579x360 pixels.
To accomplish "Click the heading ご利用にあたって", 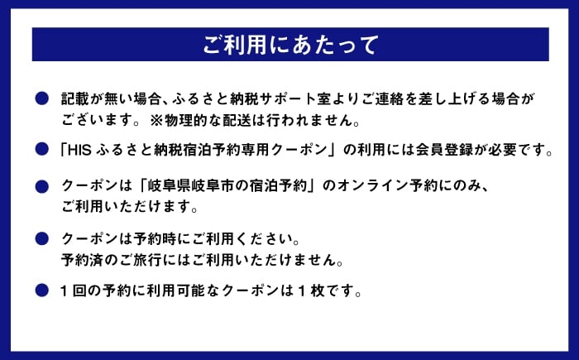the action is (x=290, y=45).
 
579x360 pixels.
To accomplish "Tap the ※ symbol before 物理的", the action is (x=156, y=120).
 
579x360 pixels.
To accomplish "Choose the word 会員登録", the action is (x=444, y=150).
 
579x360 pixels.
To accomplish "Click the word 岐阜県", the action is (x=169, y=185).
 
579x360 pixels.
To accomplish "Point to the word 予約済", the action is (x=82, y=260).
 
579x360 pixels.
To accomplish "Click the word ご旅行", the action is (x=141, y=260).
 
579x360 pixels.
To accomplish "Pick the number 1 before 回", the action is (x=64, y=290).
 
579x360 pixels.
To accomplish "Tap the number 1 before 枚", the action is (x=302, y=290).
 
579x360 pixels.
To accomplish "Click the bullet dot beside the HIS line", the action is (x=41, y=149).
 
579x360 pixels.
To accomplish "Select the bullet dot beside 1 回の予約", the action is (x=41, y=290).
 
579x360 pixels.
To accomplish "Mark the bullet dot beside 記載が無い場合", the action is (x=41, y=98).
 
